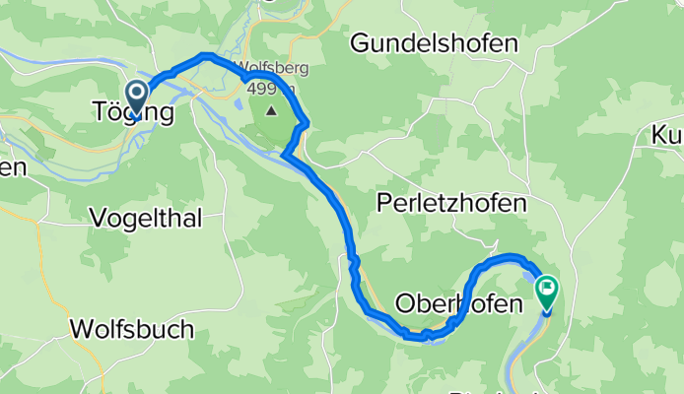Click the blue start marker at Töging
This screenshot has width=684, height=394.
click(133, 96)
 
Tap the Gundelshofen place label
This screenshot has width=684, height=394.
click(434, 43)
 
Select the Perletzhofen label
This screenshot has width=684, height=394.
click(452, 203)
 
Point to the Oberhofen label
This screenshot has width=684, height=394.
click(457, 304)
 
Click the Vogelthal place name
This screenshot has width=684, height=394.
click(146, 218)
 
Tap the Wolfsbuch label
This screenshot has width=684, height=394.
click(133, 329)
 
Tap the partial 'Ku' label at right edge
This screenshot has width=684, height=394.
click(666, 136)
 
